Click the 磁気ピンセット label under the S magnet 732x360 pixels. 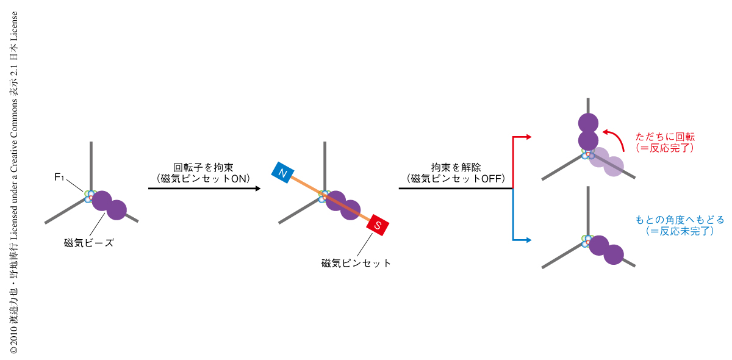356,264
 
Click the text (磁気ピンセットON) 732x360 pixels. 203,178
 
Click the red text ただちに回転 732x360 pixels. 664,137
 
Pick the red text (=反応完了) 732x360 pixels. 664,148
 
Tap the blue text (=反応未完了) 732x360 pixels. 679,231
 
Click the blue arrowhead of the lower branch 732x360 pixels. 529,240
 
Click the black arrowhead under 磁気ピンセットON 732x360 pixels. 257,189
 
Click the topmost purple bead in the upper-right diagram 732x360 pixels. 587,122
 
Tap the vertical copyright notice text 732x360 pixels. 13,183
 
